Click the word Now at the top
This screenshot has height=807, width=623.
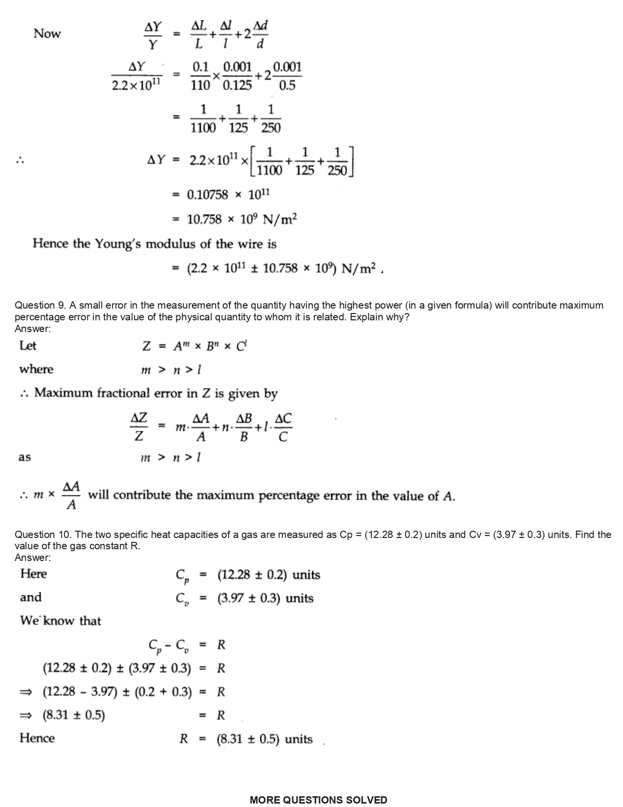[x=47, y=34]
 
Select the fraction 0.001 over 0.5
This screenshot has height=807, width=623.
[x=287, y=76]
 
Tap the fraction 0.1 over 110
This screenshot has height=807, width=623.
[x=200, y=76]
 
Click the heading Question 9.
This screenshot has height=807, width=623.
[x=40, y=305]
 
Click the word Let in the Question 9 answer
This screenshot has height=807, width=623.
[x=28, y=346]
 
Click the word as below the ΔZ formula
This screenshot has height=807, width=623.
[x=24, y=457]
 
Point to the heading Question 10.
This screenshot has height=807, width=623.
[x=43, y=535]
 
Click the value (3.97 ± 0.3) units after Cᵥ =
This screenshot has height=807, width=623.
[x=265, y=598]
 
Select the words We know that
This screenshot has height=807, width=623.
[x=60, y=621]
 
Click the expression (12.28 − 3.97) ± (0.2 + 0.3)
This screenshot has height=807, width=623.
[x=117, y=692]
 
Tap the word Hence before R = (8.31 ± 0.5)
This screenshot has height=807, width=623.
[x=37, y=738]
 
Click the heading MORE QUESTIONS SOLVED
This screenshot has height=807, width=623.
[x=318, y=800]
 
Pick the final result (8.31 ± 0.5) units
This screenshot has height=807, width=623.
[x=265, y=739]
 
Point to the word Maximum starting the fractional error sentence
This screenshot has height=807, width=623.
[x=63, y=393]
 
